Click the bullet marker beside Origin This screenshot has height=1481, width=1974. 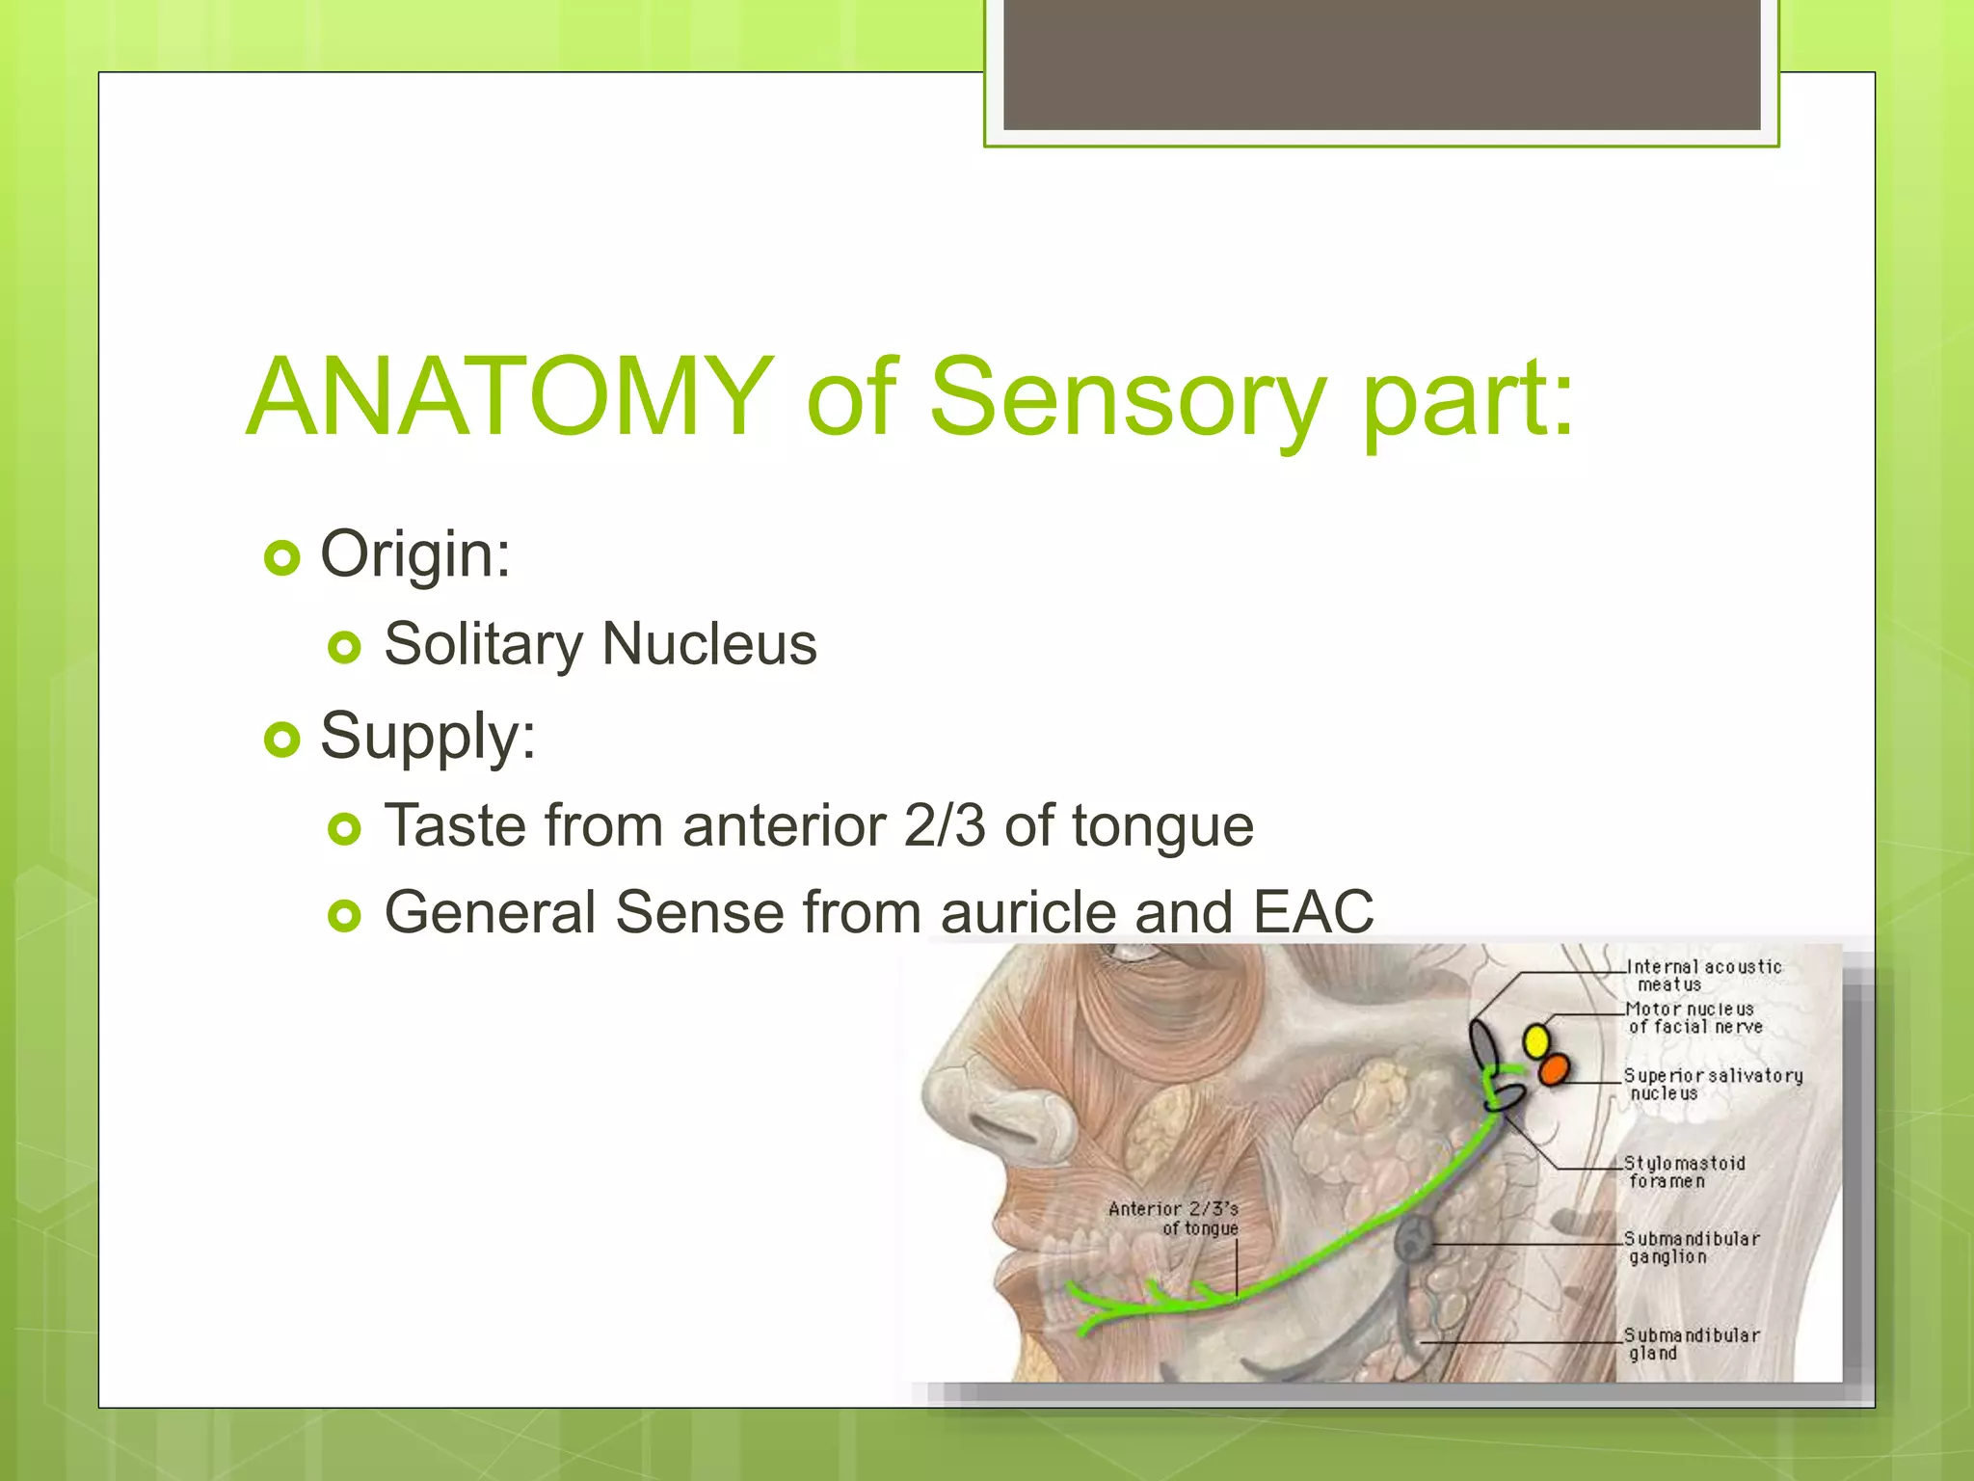(281, 557)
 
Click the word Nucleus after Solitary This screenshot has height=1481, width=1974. (708, 644)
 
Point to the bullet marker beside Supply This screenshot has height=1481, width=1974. (281, 740)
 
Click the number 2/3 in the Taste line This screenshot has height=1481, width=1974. (945, 826)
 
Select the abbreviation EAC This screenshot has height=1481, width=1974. (1313, 911)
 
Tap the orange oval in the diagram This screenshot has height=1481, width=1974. (1553, 1069)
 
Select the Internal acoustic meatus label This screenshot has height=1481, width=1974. (1702, 975)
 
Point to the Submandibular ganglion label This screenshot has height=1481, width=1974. (1691, 1247)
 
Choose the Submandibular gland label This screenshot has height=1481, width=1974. (1691, 1343)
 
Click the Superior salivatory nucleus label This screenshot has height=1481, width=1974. (1712, 1084)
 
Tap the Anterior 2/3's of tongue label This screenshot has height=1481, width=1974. (1173, 1218)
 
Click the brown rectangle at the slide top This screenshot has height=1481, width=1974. (1381, 64)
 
